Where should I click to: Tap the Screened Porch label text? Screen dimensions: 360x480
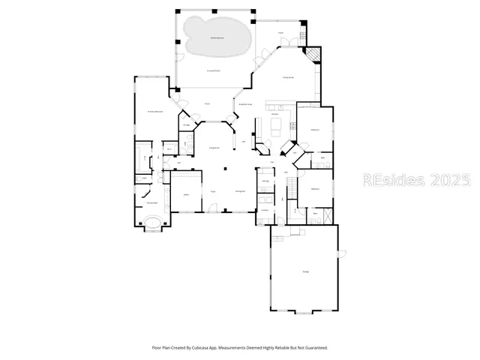coord(214,69)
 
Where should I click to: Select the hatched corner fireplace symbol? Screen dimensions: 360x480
coord(311,56)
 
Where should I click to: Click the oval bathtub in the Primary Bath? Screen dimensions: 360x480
coord(153,222)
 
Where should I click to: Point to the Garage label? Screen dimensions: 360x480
coord(305,271)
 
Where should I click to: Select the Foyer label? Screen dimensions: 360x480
coord(213,192)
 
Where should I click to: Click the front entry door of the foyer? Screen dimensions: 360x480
coord(214,212)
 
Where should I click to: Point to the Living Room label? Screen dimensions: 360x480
coord(214,148)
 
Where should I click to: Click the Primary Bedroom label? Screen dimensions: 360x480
coord(155,112)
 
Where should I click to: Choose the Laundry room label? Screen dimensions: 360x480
coord(265,211)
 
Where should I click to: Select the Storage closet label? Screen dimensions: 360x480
coord(186,124)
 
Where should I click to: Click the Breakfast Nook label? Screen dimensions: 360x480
coord(245,103)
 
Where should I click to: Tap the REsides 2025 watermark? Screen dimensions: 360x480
coord(416,180)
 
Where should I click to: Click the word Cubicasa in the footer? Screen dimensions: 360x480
coord(192,348)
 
